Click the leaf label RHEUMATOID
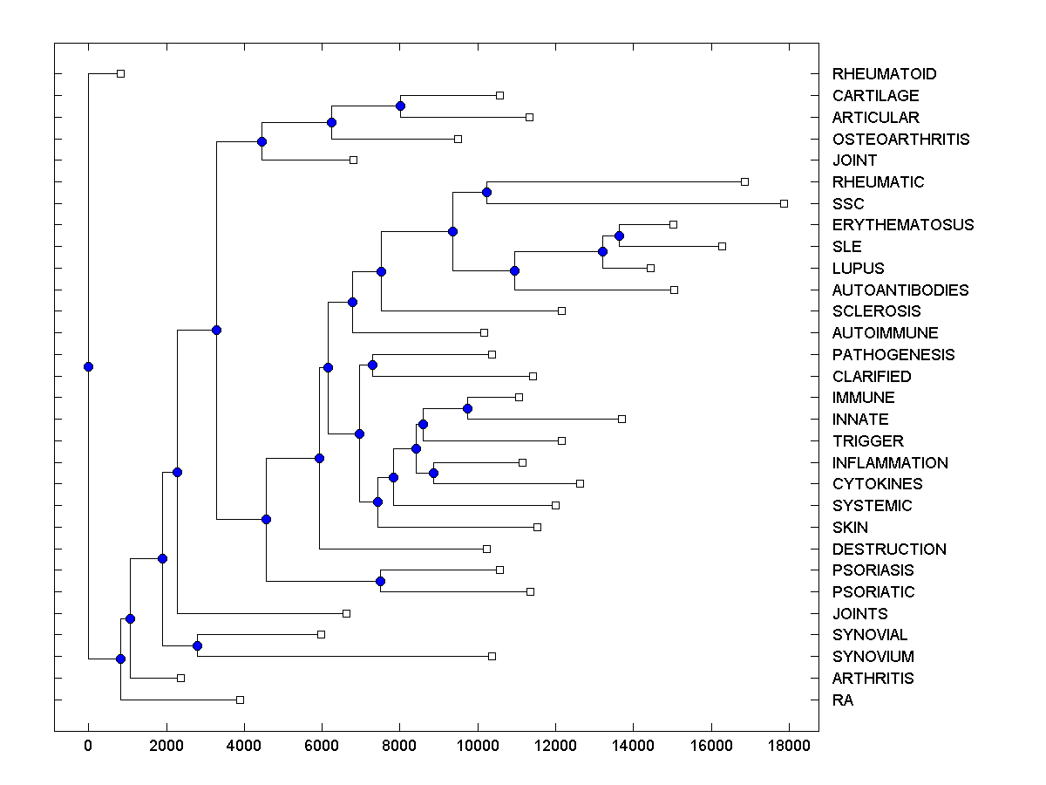(884, 74)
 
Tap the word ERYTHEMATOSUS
(903, 225)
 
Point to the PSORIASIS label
(873, 570)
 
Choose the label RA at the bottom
(843, 700)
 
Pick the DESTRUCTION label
(889, 549)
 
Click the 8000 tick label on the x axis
(399, 744)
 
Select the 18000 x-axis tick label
(789, 744)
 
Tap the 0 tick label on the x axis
(88, 744)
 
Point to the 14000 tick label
(633, 744)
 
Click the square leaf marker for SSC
(784, 203)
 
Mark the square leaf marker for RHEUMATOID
(121, 73)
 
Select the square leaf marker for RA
(241, 700)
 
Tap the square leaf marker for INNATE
(621, 419)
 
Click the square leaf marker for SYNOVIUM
(492, 656)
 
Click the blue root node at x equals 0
(88, 366)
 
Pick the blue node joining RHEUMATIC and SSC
(486, 192)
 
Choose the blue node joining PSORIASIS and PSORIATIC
(380, 581)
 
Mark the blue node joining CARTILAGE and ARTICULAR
(400, 106)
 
